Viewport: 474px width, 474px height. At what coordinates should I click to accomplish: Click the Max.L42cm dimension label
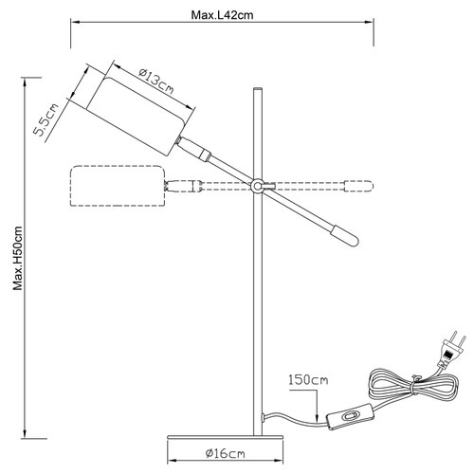222,15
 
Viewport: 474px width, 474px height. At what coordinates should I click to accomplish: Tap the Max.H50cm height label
18,258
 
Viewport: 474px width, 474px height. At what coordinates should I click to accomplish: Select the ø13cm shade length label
156,82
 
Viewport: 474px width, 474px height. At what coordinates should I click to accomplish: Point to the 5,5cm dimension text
46,119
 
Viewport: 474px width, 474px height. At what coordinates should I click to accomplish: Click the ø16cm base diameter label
225,454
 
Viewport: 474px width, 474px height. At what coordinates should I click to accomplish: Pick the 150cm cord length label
308,379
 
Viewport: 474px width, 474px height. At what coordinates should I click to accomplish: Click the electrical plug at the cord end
452,351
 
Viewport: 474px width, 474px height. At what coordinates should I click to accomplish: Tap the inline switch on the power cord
350,416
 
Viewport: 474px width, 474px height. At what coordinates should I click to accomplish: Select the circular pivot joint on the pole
257,186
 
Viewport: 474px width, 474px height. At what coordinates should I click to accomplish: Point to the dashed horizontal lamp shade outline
118,186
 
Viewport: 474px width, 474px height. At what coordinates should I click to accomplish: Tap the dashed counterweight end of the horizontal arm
359,186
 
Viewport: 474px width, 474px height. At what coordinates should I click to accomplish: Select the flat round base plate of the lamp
225,437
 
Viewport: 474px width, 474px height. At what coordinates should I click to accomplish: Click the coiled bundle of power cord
413,386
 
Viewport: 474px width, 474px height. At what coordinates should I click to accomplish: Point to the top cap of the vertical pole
257,89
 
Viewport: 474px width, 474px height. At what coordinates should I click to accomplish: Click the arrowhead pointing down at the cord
317,417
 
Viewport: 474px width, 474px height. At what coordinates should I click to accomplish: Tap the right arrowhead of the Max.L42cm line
369,22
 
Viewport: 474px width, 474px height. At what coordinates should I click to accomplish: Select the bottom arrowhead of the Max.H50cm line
25,433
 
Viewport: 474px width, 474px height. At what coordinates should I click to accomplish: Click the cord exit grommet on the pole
263,418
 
